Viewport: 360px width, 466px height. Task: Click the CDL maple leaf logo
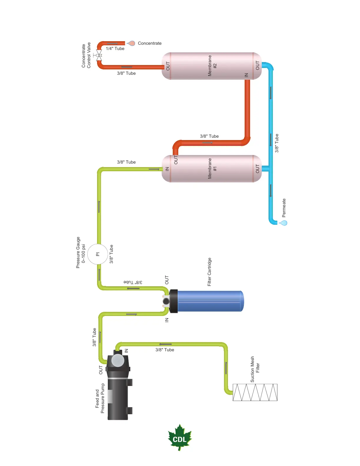[180, 438]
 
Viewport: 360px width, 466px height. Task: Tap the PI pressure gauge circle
[98, 254]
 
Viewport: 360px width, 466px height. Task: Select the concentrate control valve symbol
[99, 55]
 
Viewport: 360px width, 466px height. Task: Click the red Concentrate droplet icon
[131, 43]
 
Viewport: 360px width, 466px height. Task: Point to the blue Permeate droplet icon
[284, 223]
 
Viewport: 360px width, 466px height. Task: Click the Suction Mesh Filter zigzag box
[255, 392]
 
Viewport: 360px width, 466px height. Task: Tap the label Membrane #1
[212, 169]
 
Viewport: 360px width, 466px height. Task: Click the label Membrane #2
[212, 66]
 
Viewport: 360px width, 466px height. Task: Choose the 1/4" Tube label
[115, 49]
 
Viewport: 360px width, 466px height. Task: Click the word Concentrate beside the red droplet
[150, 43]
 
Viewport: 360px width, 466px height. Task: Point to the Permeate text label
[284, 208]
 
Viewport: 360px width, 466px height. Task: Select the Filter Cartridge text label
[209, 272]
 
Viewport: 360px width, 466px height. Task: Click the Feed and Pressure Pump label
[100, 398]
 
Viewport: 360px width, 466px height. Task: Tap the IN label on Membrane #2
[246, 75]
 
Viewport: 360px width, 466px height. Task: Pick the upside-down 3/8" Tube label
[133, 282]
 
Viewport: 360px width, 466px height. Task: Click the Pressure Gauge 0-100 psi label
[81, 252]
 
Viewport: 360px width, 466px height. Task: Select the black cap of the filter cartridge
[174, 301]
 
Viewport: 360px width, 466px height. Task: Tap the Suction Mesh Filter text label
[255, 369]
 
